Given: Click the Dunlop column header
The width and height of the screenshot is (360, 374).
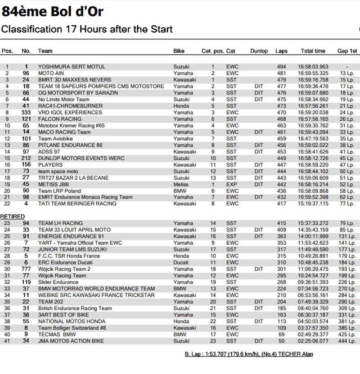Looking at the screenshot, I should coord(259,51).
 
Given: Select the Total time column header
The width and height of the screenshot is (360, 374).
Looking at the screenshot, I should coord(313,51).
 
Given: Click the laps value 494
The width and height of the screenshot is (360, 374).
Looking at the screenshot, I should coord(281,67).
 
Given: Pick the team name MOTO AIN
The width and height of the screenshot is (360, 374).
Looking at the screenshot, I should coord(52,73).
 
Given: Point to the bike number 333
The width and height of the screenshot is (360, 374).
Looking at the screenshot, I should coord(26,113).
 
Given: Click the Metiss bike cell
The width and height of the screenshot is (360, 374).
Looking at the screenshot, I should coord(181,184).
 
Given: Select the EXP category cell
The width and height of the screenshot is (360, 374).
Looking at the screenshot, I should coord(231,184).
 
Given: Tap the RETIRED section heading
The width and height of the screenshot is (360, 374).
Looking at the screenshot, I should coord(13,216).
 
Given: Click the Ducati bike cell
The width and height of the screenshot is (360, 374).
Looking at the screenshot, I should coord(182,262).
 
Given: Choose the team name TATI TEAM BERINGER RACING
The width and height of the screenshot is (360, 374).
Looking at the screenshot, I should coord(77,203).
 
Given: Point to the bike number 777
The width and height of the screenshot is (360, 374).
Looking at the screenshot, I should coord(26,269).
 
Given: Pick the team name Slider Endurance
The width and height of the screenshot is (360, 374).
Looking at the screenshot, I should coord(58,282).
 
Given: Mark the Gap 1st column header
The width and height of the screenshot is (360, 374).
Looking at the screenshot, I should coord(347,51).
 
